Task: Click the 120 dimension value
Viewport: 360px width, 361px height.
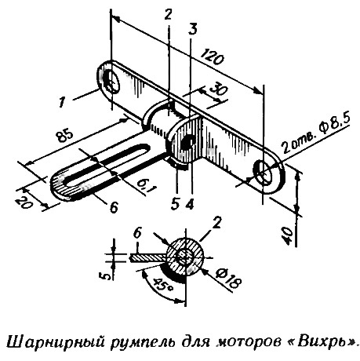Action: pos(212,56)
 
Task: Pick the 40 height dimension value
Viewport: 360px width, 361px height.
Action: pos(289,235)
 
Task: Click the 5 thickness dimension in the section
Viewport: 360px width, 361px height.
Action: pos(104,275)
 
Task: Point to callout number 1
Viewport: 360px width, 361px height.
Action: pos(62,102)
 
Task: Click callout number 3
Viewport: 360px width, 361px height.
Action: pos(193,30)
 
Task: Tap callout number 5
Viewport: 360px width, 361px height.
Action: pos(175,204)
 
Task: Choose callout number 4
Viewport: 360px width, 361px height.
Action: pos(190,204)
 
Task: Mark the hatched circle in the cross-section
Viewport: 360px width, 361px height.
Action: pos(185,257)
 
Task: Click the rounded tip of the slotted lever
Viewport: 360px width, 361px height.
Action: pos(56,186)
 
